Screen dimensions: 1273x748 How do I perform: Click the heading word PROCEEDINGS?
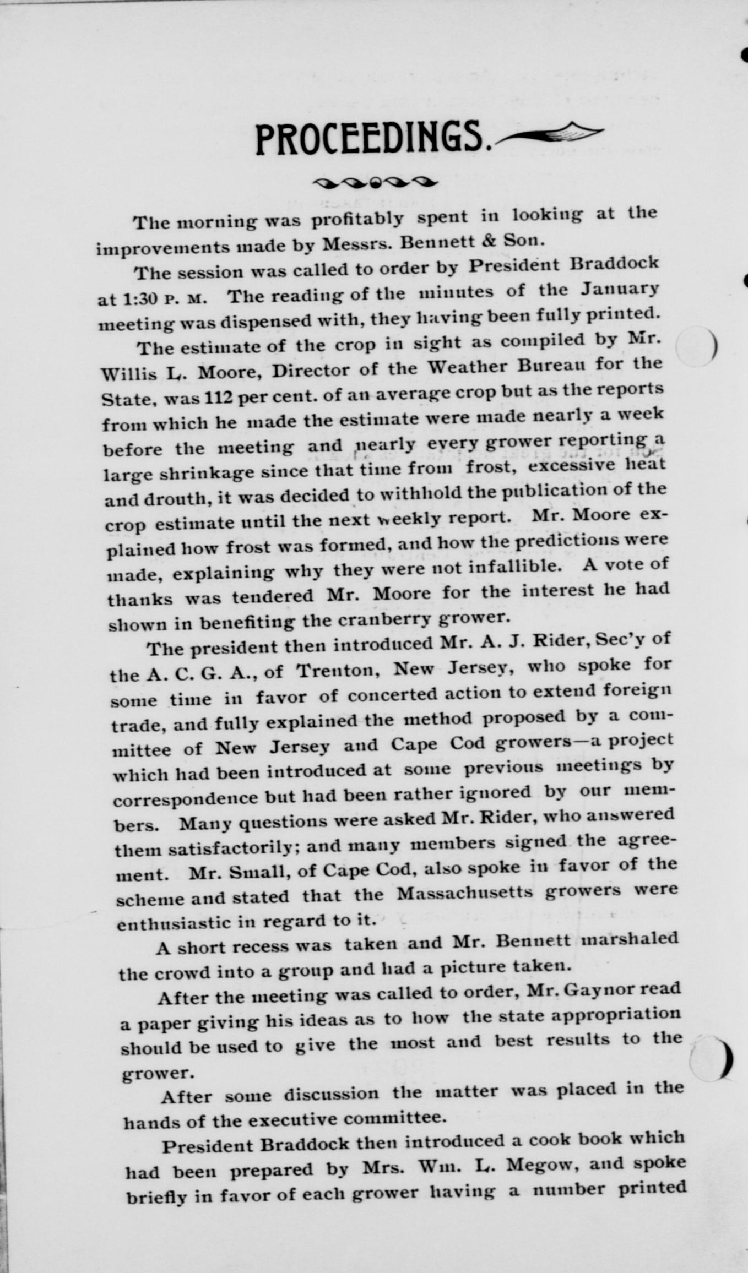[372, 139]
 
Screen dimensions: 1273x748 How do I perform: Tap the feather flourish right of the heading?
[551, 134]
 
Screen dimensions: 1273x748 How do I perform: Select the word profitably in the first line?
[357, 219]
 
